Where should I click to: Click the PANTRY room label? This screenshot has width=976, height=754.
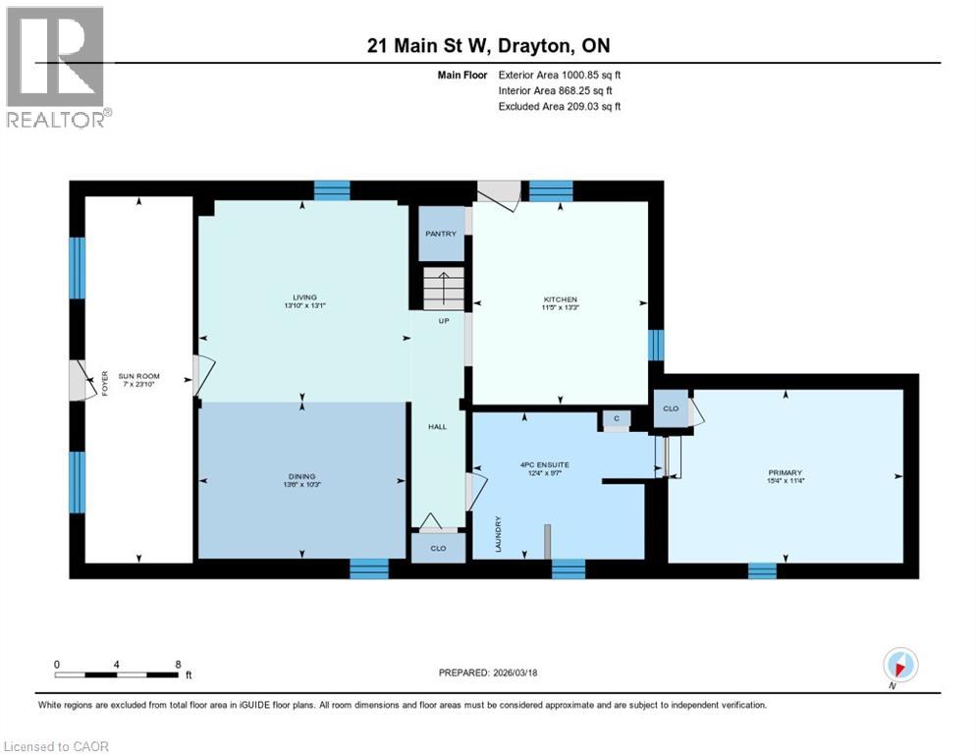coord(441,234)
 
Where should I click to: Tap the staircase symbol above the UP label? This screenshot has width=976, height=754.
coord(442,290)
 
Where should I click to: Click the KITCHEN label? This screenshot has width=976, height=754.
coord(561,299)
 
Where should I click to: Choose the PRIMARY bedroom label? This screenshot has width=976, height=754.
coord(786,472)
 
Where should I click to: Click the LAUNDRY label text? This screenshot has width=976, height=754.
coord(499,534)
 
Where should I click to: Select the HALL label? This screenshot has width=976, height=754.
coord(437,427)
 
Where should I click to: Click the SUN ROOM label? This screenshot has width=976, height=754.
coord(138,376)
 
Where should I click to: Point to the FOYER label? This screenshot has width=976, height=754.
coord(103,382)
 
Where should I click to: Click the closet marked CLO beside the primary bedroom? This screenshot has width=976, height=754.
coord(671,409)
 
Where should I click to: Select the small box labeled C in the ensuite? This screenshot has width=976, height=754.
coord(616,419)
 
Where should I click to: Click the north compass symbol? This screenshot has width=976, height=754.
coord(900,664)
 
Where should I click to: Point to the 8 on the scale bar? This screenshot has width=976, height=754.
coord(178,665)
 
